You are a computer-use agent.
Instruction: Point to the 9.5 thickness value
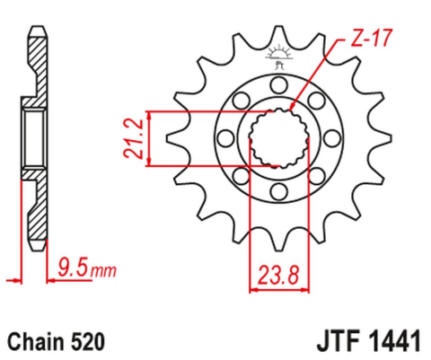point(70,266)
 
